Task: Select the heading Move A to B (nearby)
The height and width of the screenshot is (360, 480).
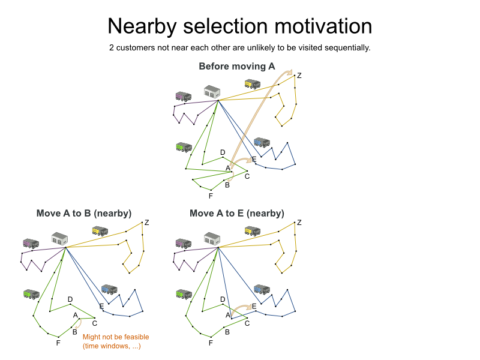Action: (x=84, y=213)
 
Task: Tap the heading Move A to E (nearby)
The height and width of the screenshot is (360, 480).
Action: (x=237, y=213)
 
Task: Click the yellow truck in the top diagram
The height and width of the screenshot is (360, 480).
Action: (x=253, y=84)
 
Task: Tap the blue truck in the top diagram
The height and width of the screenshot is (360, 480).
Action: (x=261, y=142)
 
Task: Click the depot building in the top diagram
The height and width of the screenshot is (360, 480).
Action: (x=212, y=92)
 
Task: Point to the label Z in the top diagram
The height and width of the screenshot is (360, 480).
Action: (x=299, y=76)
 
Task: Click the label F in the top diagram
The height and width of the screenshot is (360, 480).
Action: (x=211, y=196)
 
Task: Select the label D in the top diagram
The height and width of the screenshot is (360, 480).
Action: (x=223, y=152)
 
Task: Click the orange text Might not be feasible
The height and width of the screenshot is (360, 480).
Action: (x=116, y=337)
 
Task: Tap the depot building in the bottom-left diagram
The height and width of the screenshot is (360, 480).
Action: (x=59, y=238)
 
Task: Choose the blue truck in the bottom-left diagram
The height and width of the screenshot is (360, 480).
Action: (x=109, y=289)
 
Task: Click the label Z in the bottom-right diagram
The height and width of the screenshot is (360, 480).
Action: (x=299, y=223)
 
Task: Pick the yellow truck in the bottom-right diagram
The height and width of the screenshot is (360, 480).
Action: (x=253, y=231)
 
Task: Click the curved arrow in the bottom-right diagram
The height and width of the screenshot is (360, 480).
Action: (x=240, y=308)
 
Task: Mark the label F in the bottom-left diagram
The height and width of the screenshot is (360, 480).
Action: (x=58, y=343)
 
